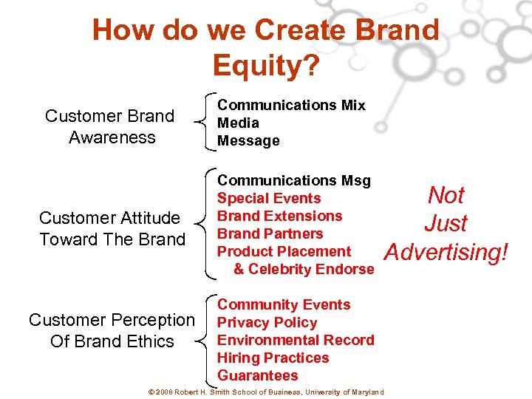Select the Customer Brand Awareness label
(110, 126)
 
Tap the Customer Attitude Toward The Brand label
(112, 228)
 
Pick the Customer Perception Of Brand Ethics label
(112, 330)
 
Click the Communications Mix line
(291, 105)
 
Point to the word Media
(238, 123)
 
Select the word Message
(248, 140)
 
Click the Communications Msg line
(294, 180)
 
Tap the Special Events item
(269, 198)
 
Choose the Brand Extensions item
(280, 216)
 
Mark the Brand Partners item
(270, 233)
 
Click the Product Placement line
(284, 251)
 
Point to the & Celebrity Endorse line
(304, 269)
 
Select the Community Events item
(284, 304)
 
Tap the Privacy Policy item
(267, 322)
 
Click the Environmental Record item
(296, 340)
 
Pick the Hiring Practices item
(273, 358)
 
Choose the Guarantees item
(258, 375)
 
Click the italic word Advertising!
(448, 252)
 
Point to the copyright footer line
(266, 391)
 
